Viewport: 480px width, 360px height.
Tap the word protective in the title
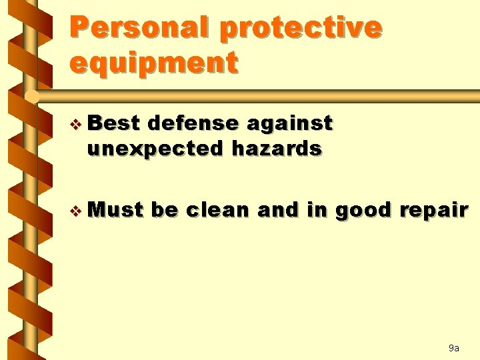click(300, 27)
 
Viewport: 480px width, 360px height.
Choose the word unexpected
click(155, 148)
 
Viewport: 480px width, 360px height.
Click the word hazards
click(277, 148)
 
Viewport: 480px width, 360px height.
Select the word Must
click(115, 210)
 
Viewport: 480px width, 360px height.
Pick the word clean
click(218, 210)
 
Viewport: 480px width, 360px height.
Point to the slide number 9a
click(453, 348)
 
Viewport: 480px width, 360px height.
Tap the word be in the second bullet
click(164, 210)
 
